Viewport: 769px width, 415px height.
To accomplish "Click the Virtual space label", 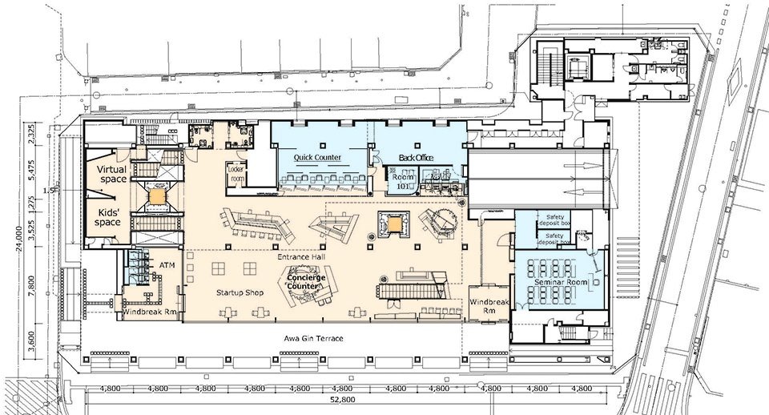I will pos(112,174).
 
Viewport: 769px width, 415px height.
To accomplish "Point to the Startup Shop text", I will pos(238,293).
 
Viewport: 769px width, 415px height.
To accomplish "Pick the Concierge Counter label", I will pos(308,281).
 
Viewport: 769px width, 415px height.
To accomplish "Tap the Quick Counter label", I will pos(317,158).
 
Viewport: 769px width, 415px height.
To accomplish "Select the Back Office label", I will pos(416,158).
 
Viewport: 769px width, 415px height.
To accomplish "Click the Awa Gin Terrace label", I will pos(313,339).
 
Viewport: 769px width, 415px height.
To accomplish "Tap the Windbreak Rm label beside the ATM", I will pos(151,312).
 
